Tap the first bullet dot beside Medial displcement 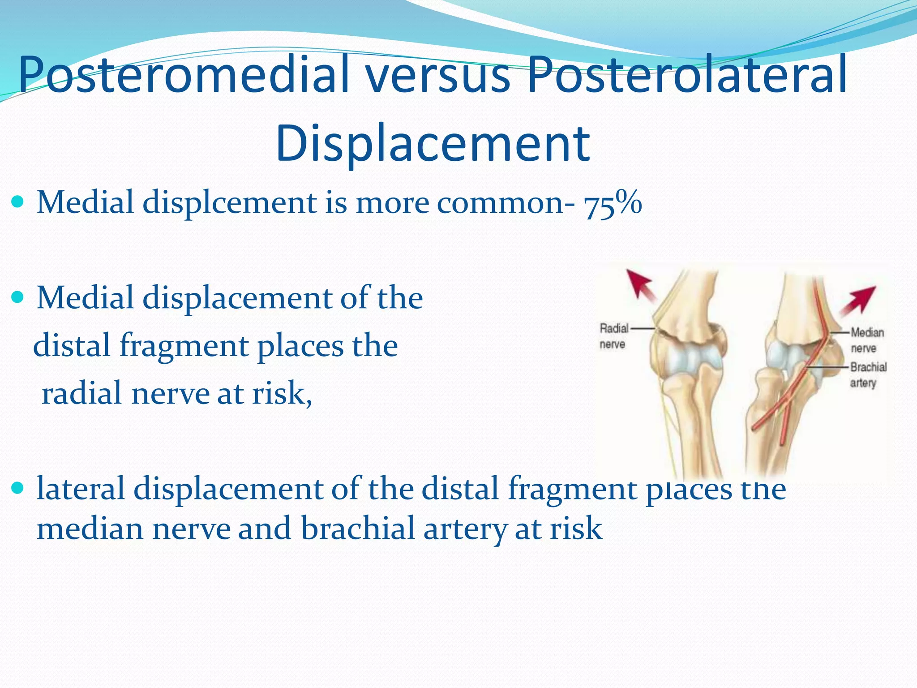click(x=18, y=202)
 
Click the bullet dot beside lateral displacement click(x=18, y=488)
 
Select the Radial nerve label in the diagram click(x=613, y=336)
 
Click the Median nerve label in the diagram click(x=867, y=340)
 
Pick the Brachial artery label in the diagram click(x=868, y=374)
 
